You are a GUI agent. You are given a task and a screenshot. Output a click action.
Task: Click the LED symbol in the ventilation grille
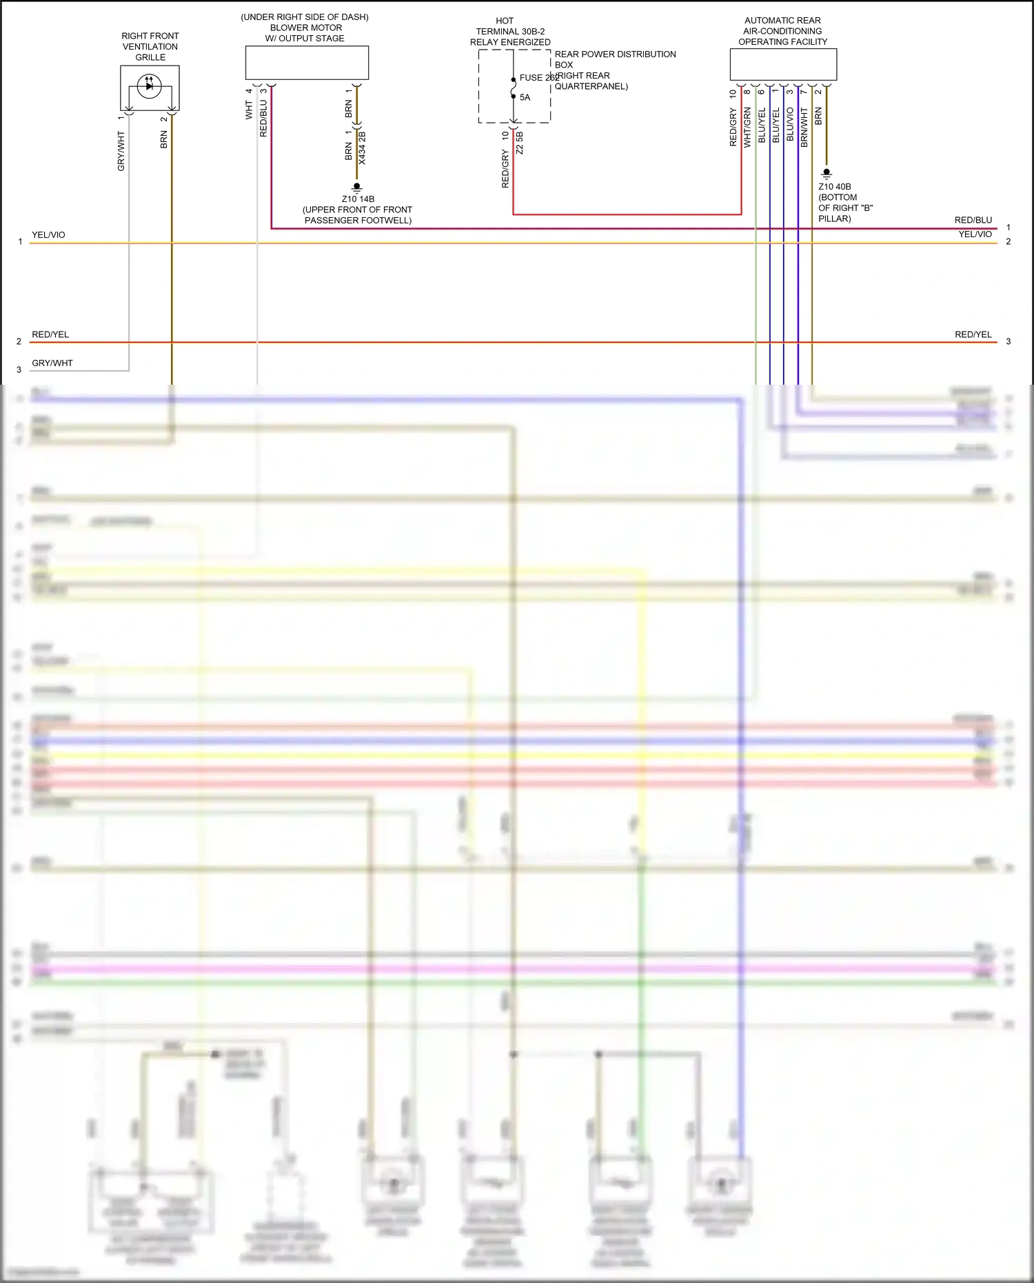click(149, 86)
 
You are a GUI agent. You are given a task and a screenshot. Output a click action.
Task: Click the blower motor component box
click(307, 63)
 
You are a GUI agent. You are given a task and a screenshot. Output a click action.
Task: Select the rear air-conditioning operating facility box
click(783, 65)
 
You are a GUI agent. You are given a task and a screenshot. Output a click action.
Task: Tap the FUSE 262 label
click(538, 78)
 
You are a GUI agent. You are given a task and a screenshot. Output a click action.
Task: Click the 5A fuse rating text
click(525, 97)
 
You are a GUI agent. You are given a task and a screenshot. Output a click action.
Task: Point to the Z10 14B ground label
click(358, 199)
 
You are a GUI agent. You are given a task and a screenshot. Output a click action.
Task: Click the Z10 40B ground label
click(834, 187)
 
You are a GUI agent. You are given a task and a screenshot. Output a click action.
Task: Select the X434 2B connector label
click(363, 148)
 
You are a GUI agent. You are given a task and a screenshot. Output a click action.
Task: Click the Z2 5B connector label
click(520, 143)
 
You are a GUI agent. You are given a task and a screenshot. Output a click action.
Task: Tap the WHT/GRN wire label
click(747, 128)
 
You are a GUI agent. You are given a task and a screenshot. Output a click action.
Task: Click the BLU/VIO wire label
click(790, 125)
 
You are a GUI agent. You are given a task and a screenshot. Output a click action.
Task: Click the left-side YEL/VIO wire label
click(48, 235)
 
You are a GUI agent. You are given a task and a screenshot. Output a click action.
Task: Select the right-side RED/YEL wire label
click(973, 334)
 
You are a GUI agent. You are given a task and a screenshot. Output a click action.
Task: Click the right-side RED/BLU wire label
click(973, 220)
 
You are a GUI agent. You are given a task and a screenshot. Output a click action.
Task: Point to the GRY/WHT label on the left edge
click(52, 363)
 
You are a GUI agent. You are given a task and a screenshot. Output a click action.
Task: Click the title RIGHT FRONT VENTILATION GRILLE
click(150, 46)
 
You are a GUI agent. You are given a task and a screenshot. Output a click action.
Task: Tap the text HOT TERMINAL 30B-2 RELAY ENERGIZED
click(510, 32)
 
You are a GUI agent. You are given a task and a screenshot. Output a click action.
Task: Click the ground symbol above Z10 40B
click(827, 173)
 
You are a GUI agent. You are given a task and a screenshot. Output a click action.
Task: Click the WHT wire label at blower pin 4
click(249, 110)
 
